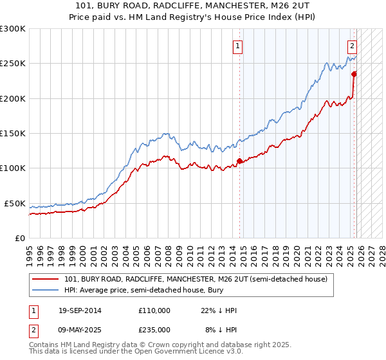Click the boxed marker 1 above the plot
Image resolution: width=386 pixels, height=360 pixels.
click(238, 46)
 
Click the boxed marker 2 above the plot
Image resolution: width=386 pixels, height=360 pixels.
click(353, 46)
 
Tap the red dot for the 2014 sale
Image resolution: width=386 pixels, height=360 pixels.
click(240, 161)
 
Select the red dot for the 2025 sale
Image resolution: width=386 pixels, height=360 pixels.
click(354, 74)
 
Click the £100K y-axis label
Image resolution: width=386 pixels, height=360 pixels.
click(13, 168)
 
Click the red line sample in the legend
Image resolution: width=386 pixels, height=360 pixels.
click(46, 279)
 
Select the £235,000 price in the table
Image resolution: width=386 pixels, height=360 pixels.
click(154, 330)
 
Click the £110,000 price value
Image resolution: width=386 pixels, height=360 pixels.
click(154, 310)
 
